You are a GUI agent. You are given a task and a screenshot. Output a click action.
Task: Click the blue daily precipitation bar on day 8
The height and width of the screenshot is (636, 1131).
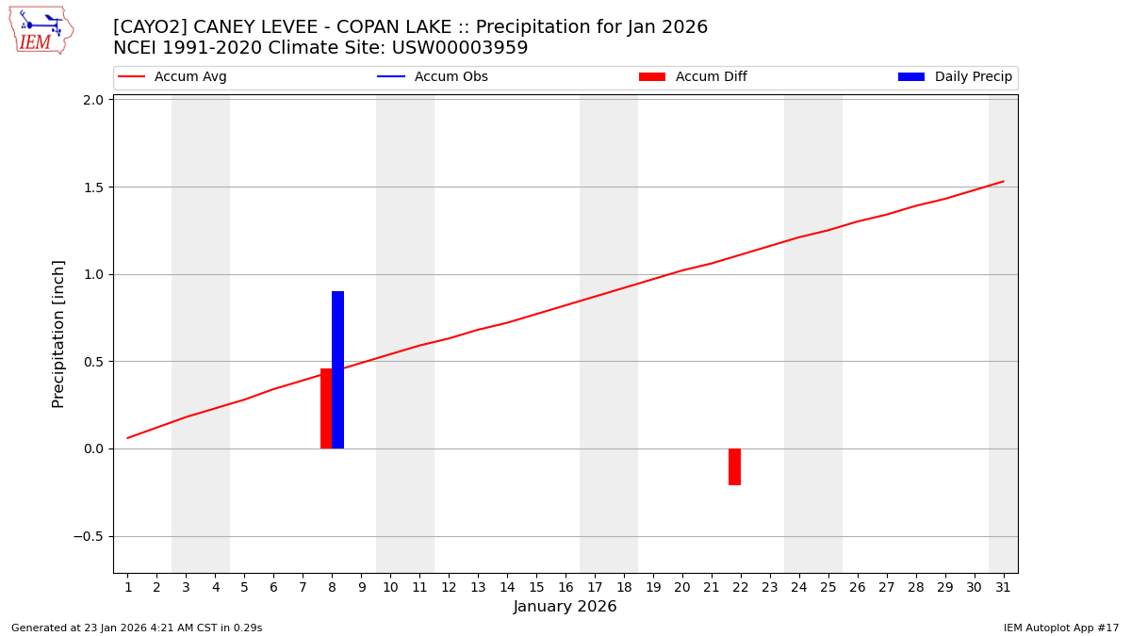pos(338,369)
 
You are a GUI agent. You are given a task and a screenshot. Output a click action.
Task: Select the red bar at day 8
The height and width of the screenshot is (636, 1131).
pos(326,408)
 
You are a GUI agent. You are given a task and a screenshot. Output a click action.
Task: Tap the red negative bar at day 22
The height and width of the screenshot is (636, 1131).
pos(734,466)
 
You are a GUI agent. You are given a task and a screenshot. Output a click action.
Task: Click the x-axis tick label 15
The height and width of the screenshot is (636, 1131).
pos(536,588)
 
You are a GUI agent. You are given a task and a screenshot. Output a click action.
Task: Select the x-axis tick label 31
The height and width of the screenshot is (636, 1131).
pos(1003,588)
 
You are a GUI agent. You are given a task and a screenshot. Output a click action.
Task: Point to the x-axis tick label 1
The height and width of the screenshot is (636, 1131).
pos(128,588)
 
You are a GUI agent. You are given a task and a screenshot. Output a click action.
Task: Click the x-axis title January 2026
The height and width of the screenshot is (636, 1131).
pos(565,608)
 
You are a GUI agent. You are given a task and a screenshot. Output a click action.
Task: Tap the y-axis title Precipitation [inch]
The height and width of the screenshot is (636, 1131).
pos(58,334)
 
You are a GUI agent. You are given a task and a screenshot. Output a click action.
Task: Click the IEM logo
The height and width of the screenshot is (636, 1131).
pos(41,30)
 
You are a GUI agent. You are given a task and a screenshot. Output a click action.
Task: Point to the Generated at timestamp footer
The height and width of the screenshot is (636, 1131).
pos(137,628)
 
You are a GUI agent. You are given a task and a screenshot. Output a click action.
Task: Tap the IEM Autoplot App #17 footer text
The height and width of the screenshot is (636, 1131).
pos(1060,628)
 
